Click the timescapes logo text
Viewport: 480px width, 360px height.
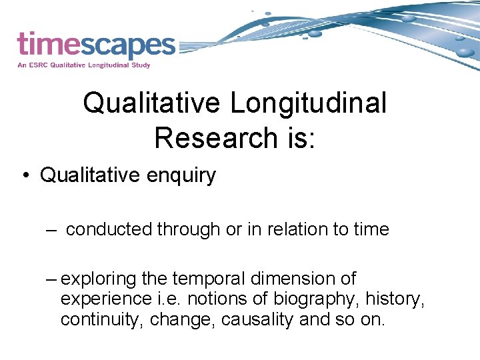pos(96,45)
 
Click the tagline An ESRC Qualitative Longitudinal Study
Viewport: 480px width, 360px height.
pos(84,65)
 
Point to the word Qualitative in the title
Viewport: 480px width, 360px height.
pos(152,103)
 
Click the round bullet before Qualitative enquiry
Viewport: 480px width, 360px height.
pos(25,176)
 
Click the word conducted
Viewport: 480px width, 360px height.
pos(109,229)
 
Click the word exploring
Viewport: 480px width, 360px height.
pos(99,278)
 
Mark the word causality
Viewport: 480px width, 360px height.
pos(254,319)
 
